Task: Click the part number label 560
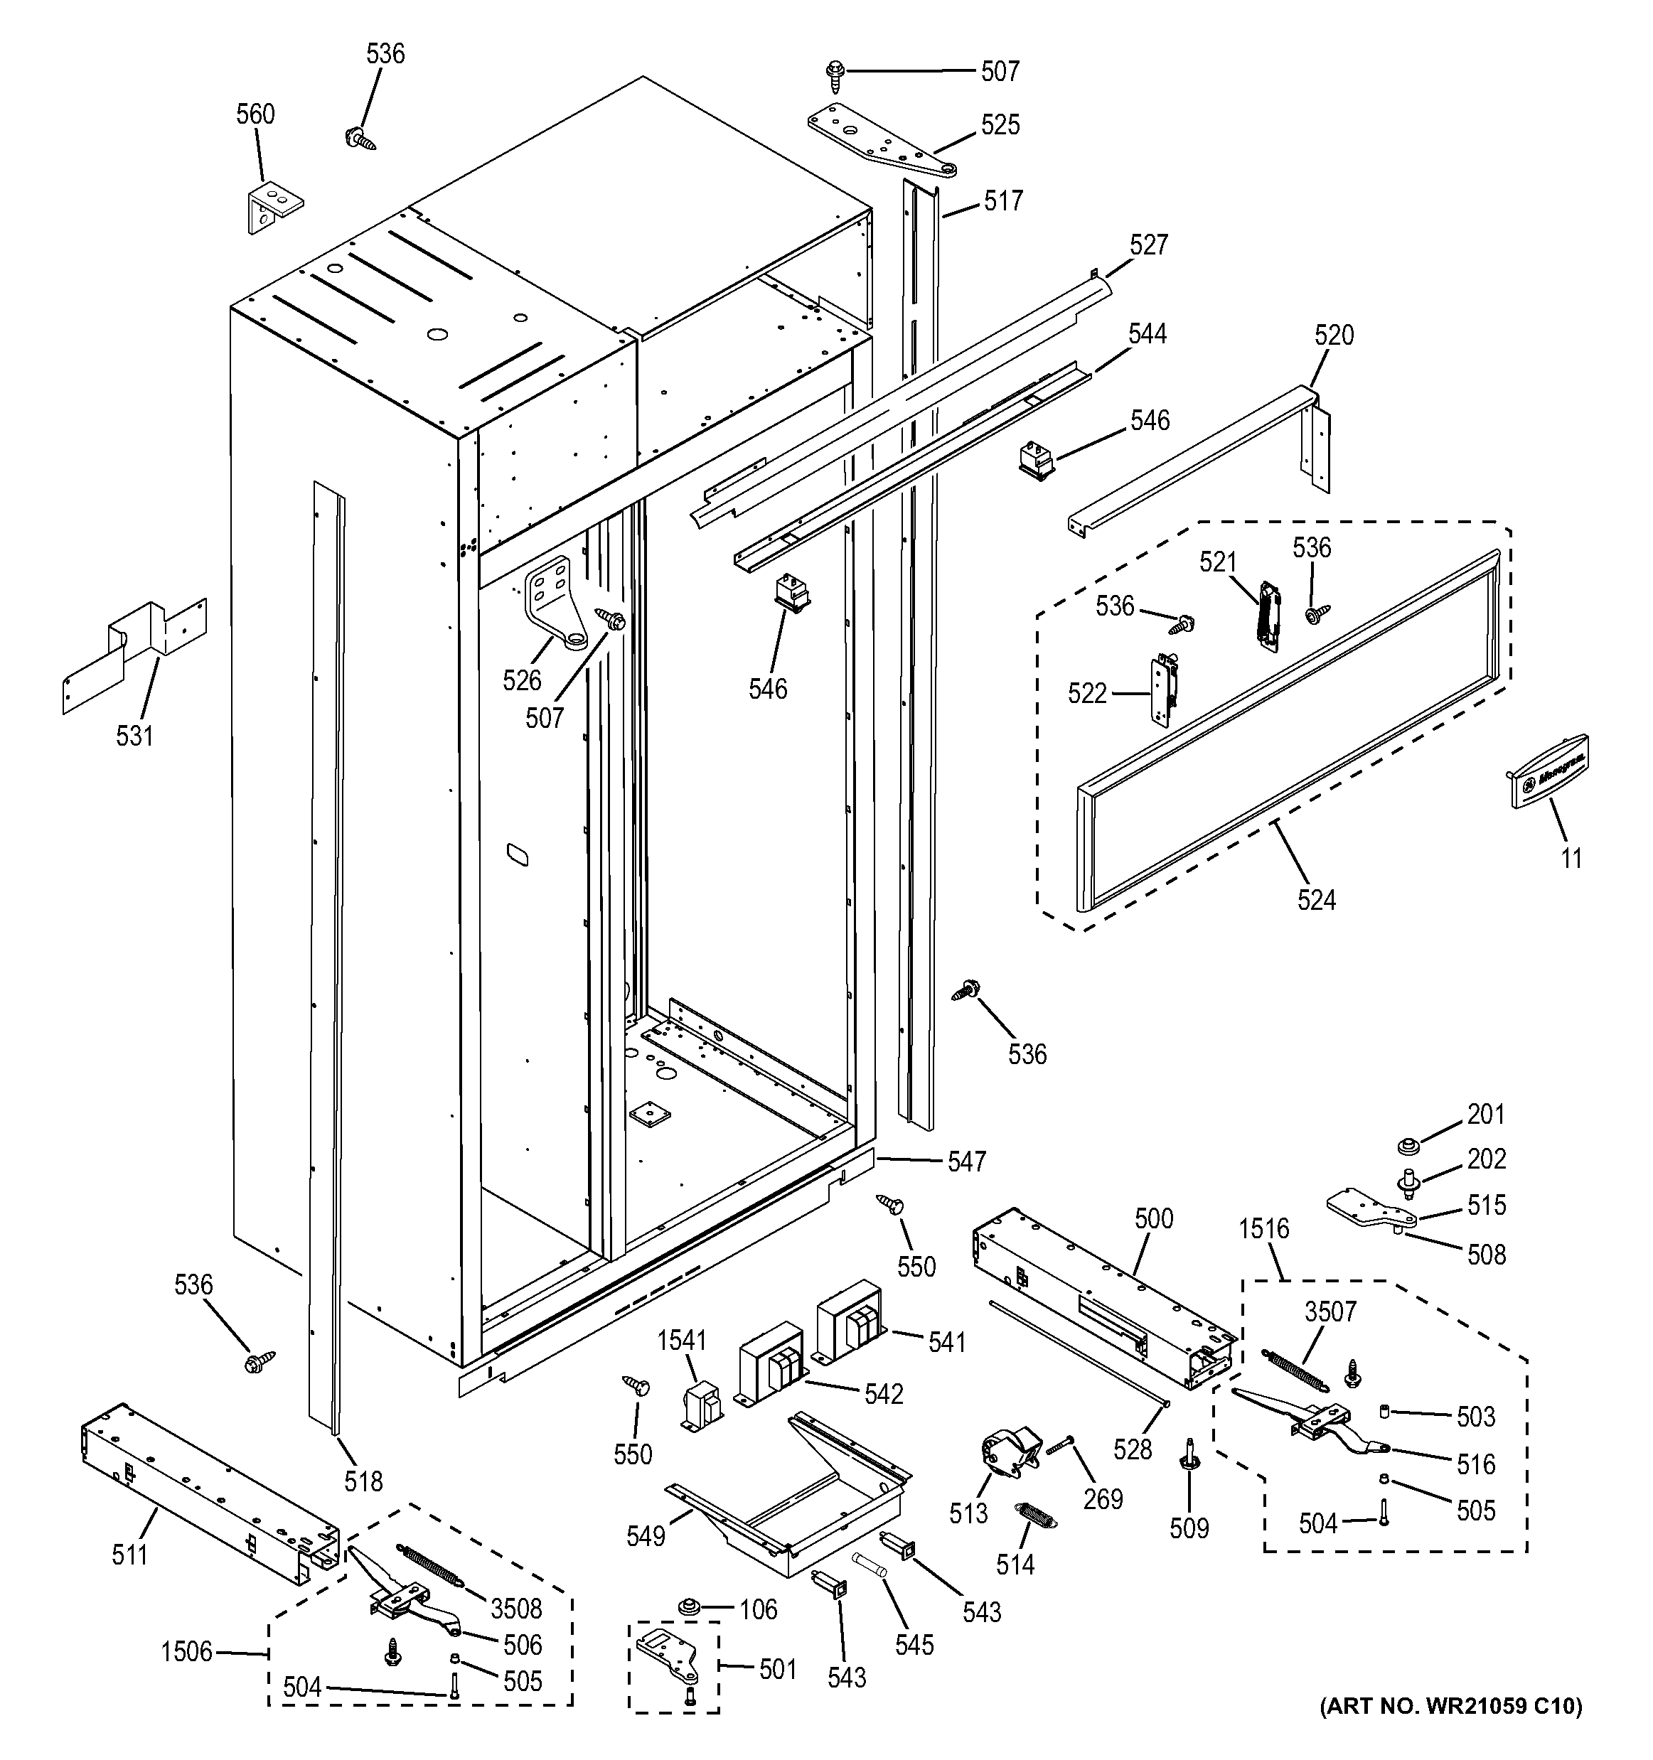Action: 255,114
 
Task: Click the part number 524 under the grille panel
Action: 1316,901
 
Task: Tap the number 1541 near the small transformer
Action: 682,1341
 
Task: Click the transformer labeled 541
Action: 851,1324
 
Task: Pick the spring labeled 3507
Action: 1295,1370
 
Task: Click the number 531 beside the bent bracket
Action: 134,735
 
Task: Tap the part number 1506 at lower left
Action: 187,1652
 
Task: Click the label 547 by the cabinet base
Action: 966,1161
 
